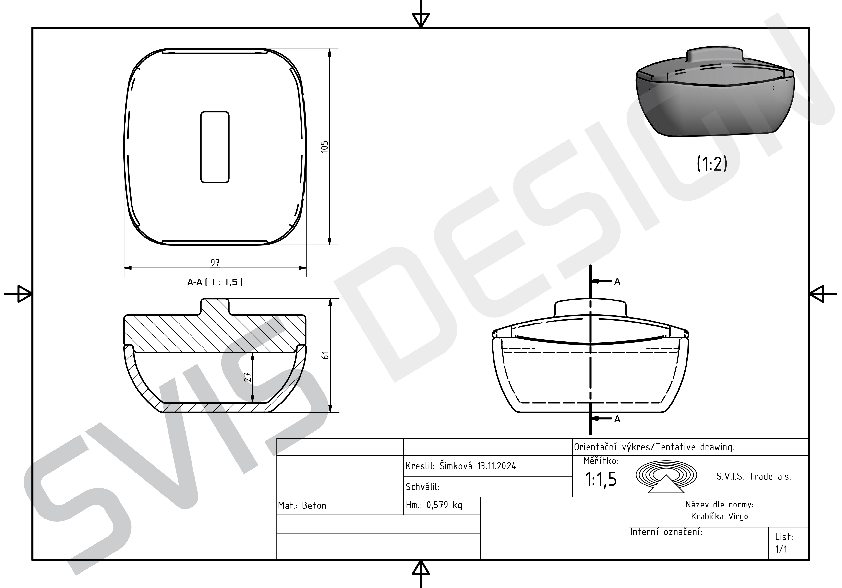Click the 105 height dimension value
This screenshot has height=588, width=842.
click(325, 147)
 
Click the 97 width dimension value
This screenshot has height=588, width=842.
click(215, 263)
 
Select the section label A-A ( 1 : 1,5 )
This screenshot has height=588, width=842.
click(215, 282)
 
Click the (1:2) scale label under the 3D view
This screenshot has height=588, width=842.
click(712, 163)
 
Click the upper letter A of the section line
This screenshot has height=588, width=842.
click(617, 281)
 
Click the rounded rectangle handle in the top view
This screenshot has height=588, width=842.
click(215, 147)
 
